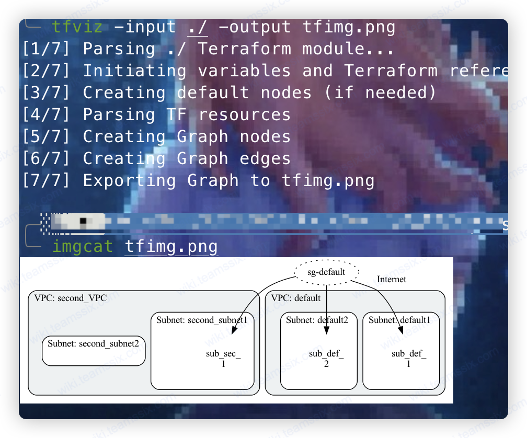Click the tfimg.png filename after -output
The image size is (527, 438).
pyautogui.click(x=349, y=27)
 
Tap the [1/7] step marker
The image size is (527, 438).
pyautogui.click(x=46, y=49)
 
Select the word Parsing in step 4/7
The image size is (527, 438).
pyautogui.click(x=119, y=114)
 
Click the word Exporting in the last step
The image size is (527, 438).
pyautogui.click(x=130, y=180)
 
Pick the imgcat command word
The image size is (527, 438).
pyautogui.click(x=82, y=246)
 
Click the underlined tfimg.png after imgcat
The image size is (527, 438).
pyautogui.click(x=171, y=246)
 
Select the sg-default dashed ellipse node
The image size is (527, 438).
pyautogui.click(x=326, y=272)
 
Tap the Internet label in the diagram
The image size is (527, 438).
pyautogui.click(x=392, y=280)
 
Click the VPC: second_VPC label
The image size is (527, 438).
pyautogui.click(x=71, y=298)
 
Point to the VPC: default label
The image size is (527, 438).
pyautogui.click(x=296, y=298)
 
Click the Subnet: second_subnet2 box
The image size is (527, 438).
pyautogui.click(x=94, y=351)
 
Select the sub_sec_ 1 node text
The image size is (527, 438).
pyautogui.click(x=223, y=359)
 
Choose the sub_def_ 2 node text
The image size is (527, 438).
pyautogui.click(x=326, y=359)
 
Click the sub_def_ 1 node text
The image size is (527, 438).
pyautogui.click(x=409, y=359)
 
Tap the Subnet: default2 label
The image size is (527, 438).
pyautogui.click(x=317, y=320)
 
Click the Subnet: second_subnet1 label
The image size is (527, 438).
pyautogui.click(x=201, y=320)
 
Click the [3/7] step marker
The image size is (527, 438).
pyautogui.click(x=46, y=93)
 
